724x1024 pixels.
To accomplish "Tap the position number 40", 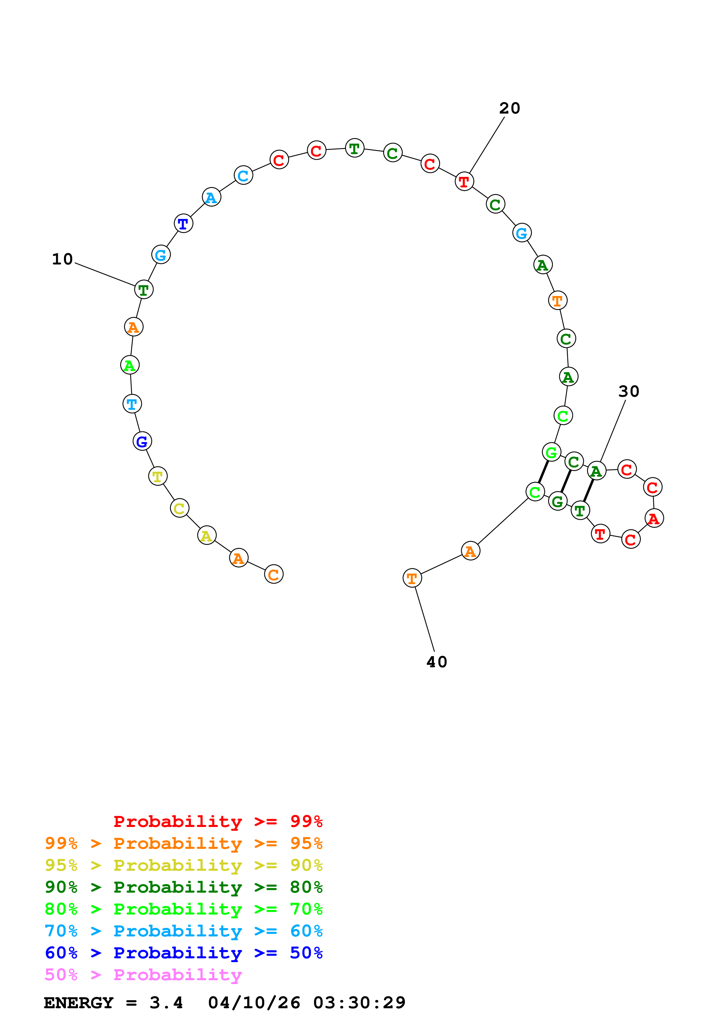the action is point(437,662).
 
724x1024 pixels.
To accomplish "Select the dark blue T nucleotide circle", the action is point(183,223).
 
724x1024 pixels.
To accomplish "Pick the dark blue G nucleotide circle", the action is point(142,442).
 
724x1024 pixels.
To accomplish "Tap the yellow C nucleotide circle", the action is point(179,508).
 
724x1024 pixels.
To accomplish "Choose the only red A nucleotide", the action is point(654,518).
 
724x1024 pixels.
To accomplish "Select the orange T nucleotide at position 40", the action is point(412,579).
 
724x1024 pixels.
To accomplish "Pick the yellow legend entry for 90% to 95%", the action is point(183,865).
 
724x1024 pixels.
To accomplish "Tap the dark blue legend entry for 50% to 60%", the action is point(183,953).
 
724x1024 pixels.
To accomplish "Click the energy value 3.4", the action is point(166,1003).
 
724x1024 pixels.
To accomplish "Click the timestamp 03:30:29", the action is point(359,1003).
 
